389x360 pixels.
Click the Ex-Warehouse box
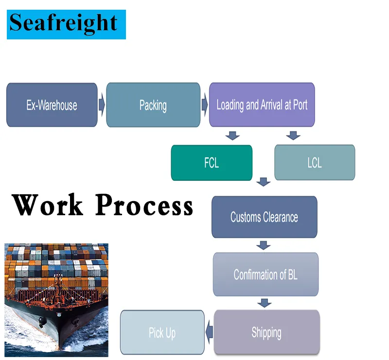coord(52,105)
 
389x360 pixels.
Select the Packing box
coord(153,105)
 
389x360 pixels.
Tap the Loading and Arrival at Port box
coord(262,104)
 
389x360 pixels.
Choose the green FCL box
coord(212,163)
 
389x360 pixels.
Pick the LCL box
coord(315,163)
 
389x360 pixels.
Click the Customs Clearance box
coord(264,217)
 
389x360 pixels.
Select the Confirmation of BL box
coord(265,274)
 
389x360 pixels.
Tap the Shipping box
coord(266,333)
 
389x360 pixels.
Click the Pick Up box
coord(162,333)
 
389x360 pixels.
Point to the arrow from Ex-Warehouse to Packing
coord(102,104)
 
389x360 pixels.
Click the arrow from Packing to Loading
coord(205,104)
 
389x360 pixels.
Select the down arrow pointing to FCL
coord(233,136)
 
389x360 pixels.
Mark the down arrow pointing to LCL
coord(293,136)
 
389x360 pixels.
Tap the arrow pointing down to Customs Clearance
coord(264,182)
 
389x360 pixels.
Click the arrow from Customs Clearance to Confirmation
coord(264,244)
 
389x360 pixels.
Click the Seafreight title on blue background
coord(66,23)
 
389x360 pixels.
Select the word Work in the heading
coord(48,205)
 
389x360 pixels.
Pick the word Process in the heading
coord(144,205)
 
